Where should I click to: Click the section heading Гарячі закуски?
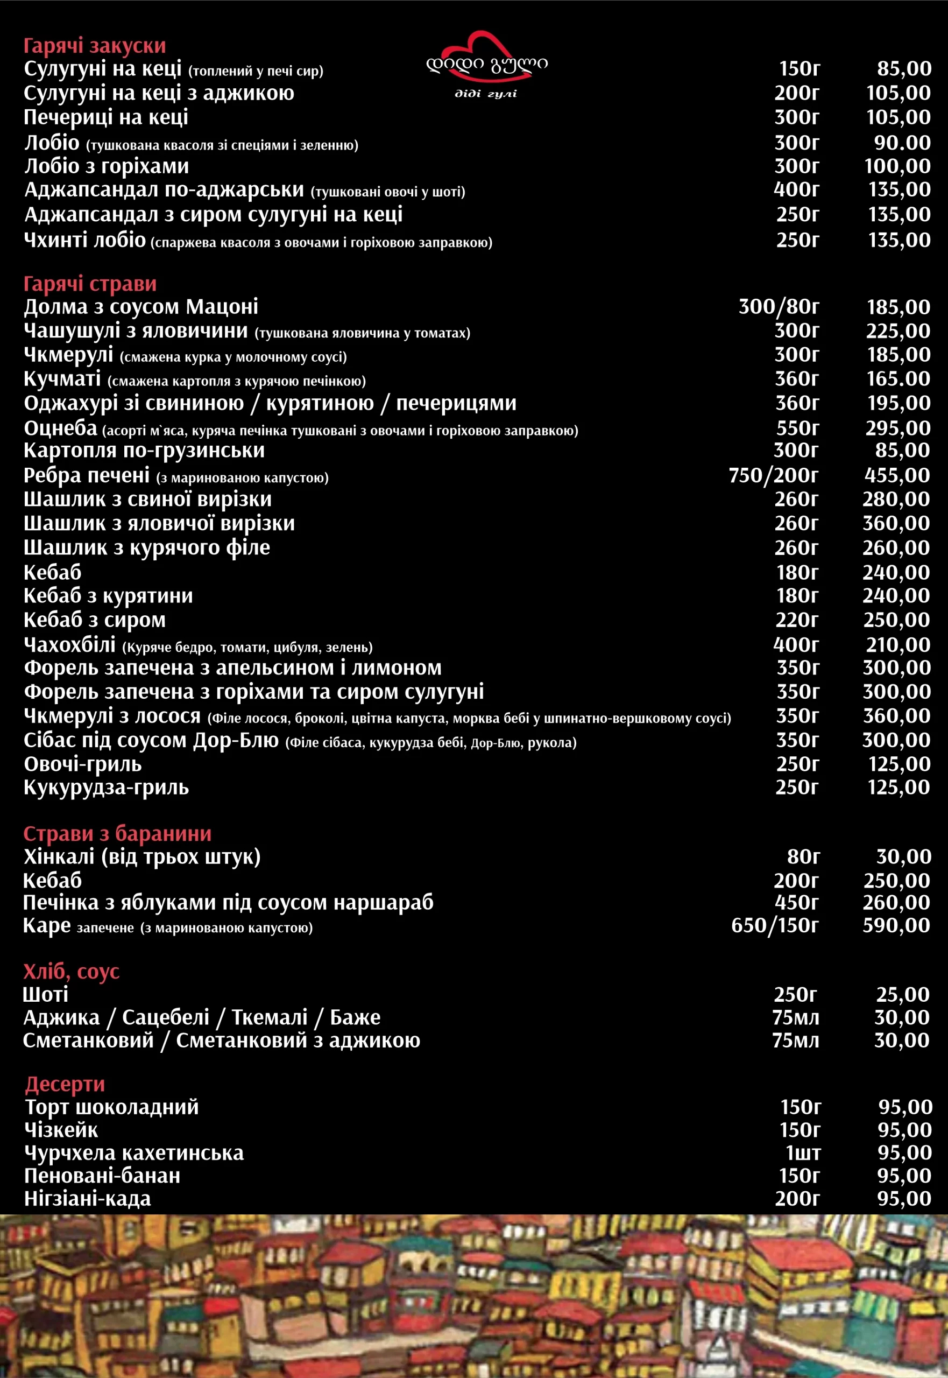pos(95,46)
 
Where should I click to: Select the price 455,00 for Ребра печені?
pos(896,475)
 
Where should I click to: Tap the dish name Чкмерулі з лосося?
pos(112,716)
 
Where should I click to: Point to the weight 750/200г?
pos(773,475)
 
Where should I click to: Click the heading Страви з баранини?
pos(117,833)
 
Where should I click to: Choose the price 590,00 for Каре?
pos(896,925)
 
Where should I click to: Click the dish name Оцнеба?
pos(61,428)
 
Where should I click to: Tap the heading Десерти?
pos(65,1084)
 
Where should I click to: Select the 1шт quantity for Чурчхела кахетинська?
pos(803,1153)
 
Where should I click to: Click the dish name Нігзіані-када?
pos(87,1199)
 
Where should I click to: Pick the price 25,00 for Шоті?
pos(902,994)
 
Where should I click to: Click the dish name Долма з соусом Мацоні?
pos(141,307)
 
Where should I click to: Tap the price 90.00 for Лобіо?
pos(902,143)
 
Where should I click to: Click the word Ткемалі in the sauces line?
pos(269,1017)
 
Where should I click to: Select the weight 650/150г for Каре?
pos(775,925)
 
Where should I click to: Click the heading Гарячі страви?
pos(90,284)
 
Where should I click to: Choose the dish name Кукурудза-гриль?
pos(107,788)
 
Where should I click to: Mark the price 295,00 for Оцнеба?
pos(897,428)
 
